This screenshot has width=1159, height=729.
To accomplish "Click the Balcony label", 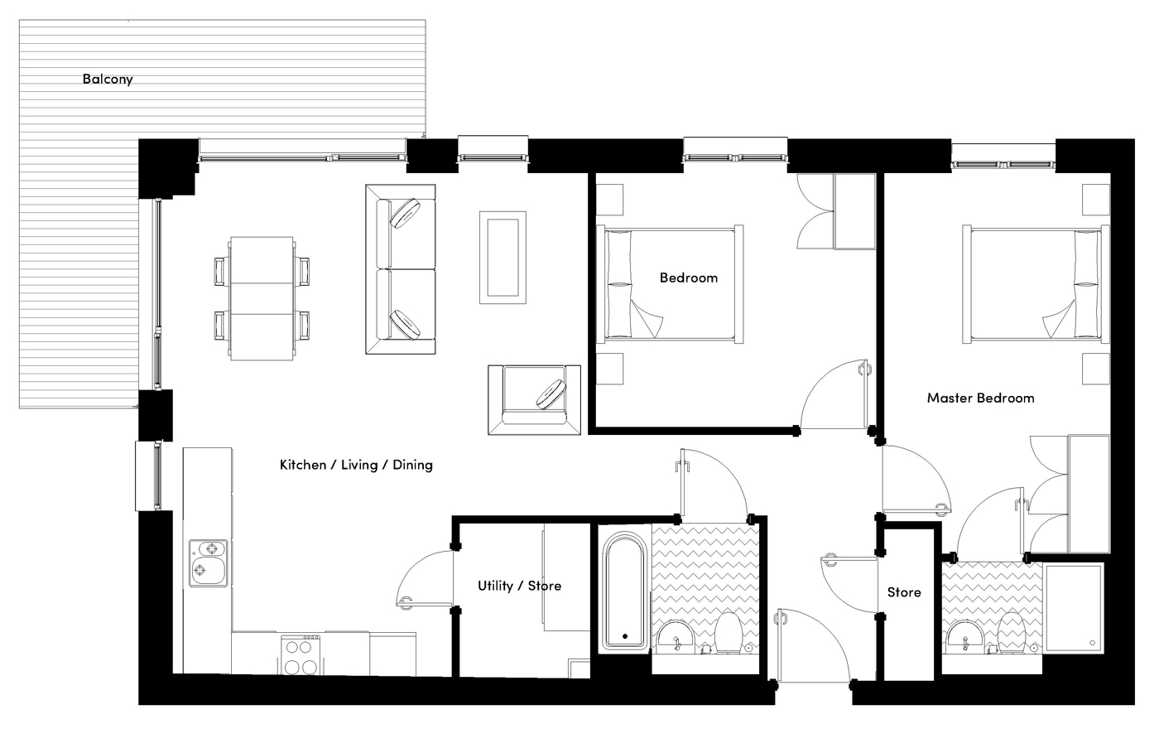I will pos(108,80).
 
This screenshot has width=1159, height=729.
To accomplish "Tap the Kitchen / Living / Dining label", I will pos(356,465).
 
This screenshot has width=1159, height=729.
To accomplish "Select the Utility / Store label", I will pos(519,586).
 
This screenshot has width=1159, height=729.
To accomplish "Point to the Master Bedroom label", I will pos(980,398).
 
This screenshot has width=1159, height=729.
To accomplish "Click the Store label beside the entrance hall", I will pos(904,592).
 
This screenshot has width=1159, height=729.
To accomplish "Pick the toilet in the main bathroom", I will pos(728,634).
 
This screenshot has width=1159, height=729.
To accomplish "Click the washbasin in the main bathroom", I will pos(676,636).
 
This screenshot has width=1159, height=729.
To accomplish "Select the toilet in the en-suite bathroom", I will pos(1012,634).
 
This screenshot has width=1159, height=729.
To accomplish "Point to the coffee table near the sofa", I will pos(503,257).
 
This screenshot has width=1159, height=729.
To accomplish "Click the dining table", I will pos(262,298).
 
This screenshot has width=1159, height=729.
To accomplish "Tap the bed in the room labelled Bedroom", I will pos(671,284).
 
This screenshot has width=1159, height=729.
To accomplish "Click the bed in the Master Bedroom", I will pos(1035,284).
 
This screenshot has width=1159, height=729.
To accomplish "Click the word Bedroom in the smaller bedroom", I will pos(688,278).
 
